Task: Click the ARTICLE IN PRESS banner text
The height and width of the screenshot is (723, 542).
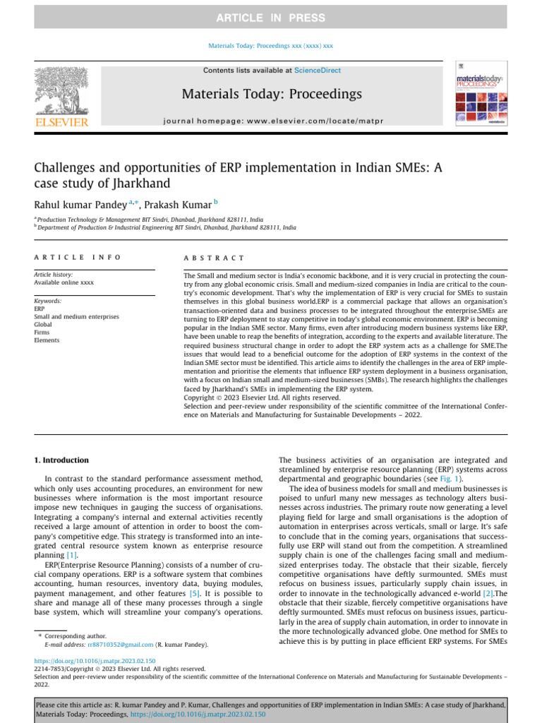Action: pos(271,18)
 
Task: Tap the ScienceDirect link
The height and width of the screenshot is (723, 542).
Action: pos(317,71)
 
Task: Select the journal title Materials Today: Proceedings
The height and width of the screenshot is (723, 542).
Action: pos(272,94)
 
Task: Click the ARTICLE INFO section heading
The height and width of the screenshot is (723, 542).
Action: pos(78,258)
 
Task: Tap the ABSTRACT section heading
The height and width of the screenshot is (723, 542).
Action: pos(214,258)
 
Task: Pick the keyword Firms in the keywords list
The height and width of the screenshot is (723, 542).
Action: pos(42,333)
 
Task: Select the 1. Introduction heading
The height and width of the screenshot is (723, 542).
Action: pos(62,460)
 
